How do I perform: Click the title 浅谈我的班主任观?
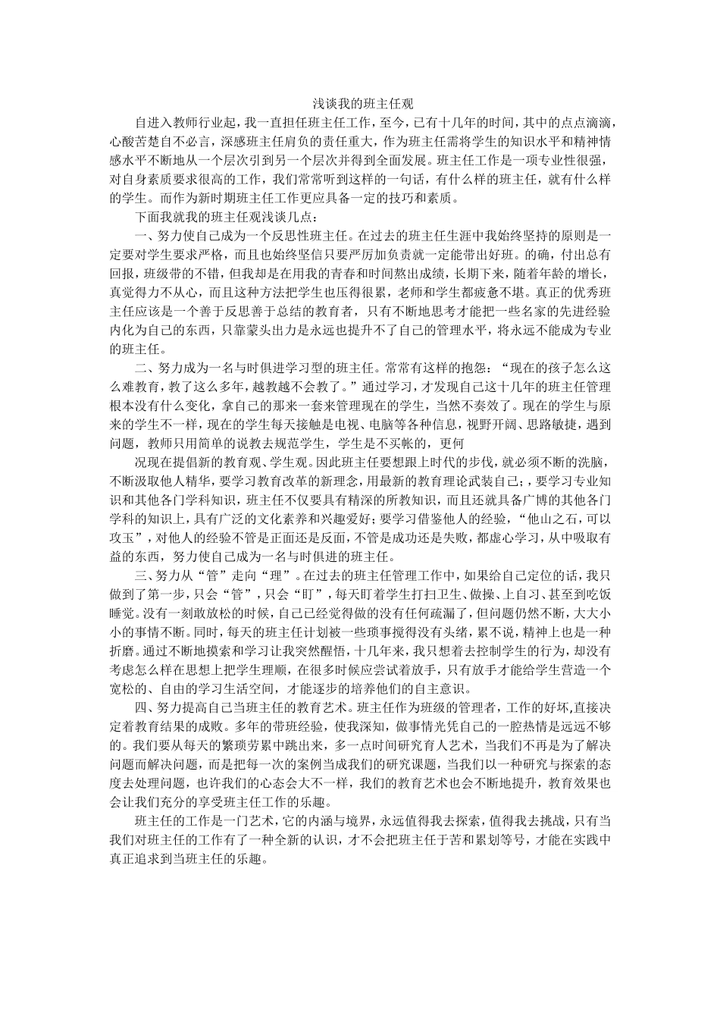coord(359,104)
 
